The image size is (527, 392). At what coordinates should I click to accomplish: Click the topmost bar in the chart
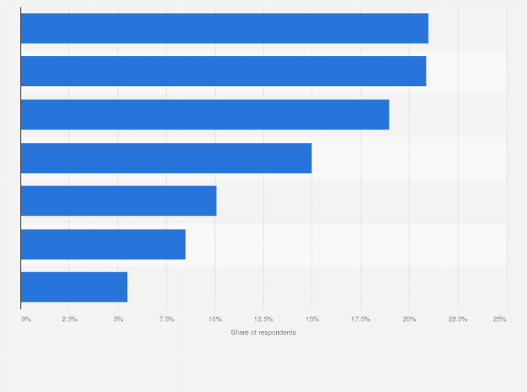[x=224, y=28]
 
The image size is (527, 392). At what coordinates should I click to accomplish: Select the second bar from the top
[x=223, y=71]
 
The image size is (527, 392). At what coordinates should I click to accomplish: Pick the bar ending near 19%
[x=204, y=115]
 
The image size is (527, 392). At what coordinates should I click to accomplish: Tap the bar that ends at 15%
[x=166, y=158]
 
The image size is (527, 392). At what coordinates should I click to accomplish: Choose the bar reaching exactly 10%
[x=118, y=201]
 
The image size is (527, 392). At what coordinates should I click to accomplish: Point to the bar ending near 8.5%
[x=103, y=244]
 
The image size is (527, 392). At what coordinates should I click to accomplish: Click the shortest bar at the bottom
[x=73, y=287]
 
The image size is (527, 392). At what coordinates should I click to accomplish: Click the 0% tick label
[x=26, y=319]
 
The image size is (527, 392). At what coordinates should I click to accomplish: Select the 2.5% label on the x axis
[x=69, y=319]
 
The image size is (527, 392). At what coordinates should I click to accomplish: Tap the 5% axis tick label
[x=118, y=319]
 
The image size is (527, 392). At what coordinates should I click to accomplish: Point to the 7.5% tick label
[x=166, y=319]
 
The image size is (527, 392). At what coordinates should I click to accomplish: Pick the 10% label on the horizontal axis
[x=215, y=319]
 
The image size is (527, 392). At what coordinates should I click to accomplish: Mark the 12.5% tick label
[x=263, y=319]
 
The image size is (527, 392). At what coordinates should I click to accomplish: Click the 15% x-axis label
[x=312, y=319]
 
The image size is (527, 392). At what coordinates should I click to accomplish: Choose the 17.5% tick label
[x=361, y=319]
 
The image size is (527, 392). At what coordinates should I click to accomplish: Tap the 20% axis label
[x=409, y=319]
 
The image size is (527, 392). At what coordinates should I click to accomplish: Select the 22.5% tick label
[x=458, y=319]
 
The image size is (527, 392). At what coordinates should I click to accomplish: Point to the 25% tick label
[x=500, y=319]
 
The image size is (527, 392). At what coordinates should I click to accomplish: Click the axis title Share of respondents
[x=263, y=332]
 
